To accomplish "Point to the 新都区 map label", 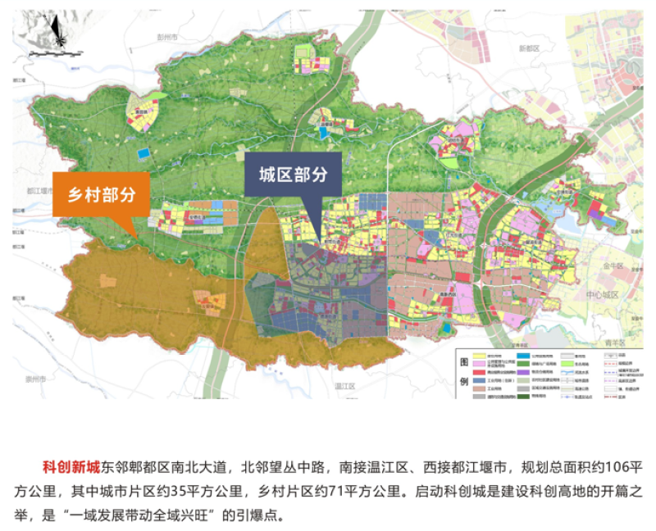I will [x=530, y=48].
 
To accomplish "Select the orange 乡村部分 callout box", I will [x=101, y=194].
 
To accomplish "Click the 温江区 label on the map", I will [x=344, y=385].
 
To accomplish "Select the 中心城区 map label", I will [x=603, y=294].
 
